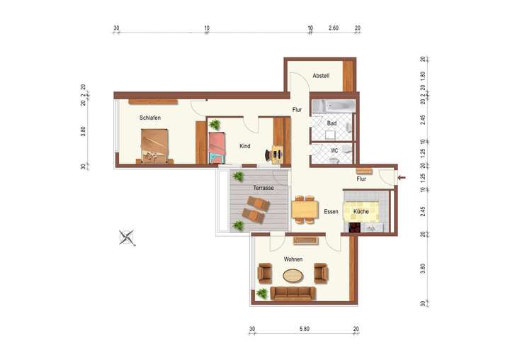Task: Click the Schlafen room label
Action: coord(149,118)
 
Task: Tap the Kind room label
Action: coord(245,146)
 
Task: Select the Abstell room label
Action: coord(321,76)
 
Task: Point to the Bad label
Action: coord(331,123)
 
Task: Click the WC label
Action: coord(334,150)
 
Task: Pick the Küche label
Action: coord(361,211)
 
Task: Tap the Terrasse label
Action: coord(263,187)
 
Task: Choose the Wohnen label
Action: coord(293,259)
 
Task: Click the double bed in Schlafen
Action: coord(156,145)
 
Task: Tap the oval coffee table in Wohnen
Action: coord(293,276)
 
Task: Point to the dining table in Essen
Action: coord(306,210)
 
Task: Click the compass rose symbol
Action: coord(128,237)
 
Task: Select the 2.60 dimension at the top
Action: coord(334,28)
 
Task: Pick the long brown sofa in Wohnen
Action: coord(293,293)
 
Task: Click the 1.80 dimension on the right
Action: coord(422,75)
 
